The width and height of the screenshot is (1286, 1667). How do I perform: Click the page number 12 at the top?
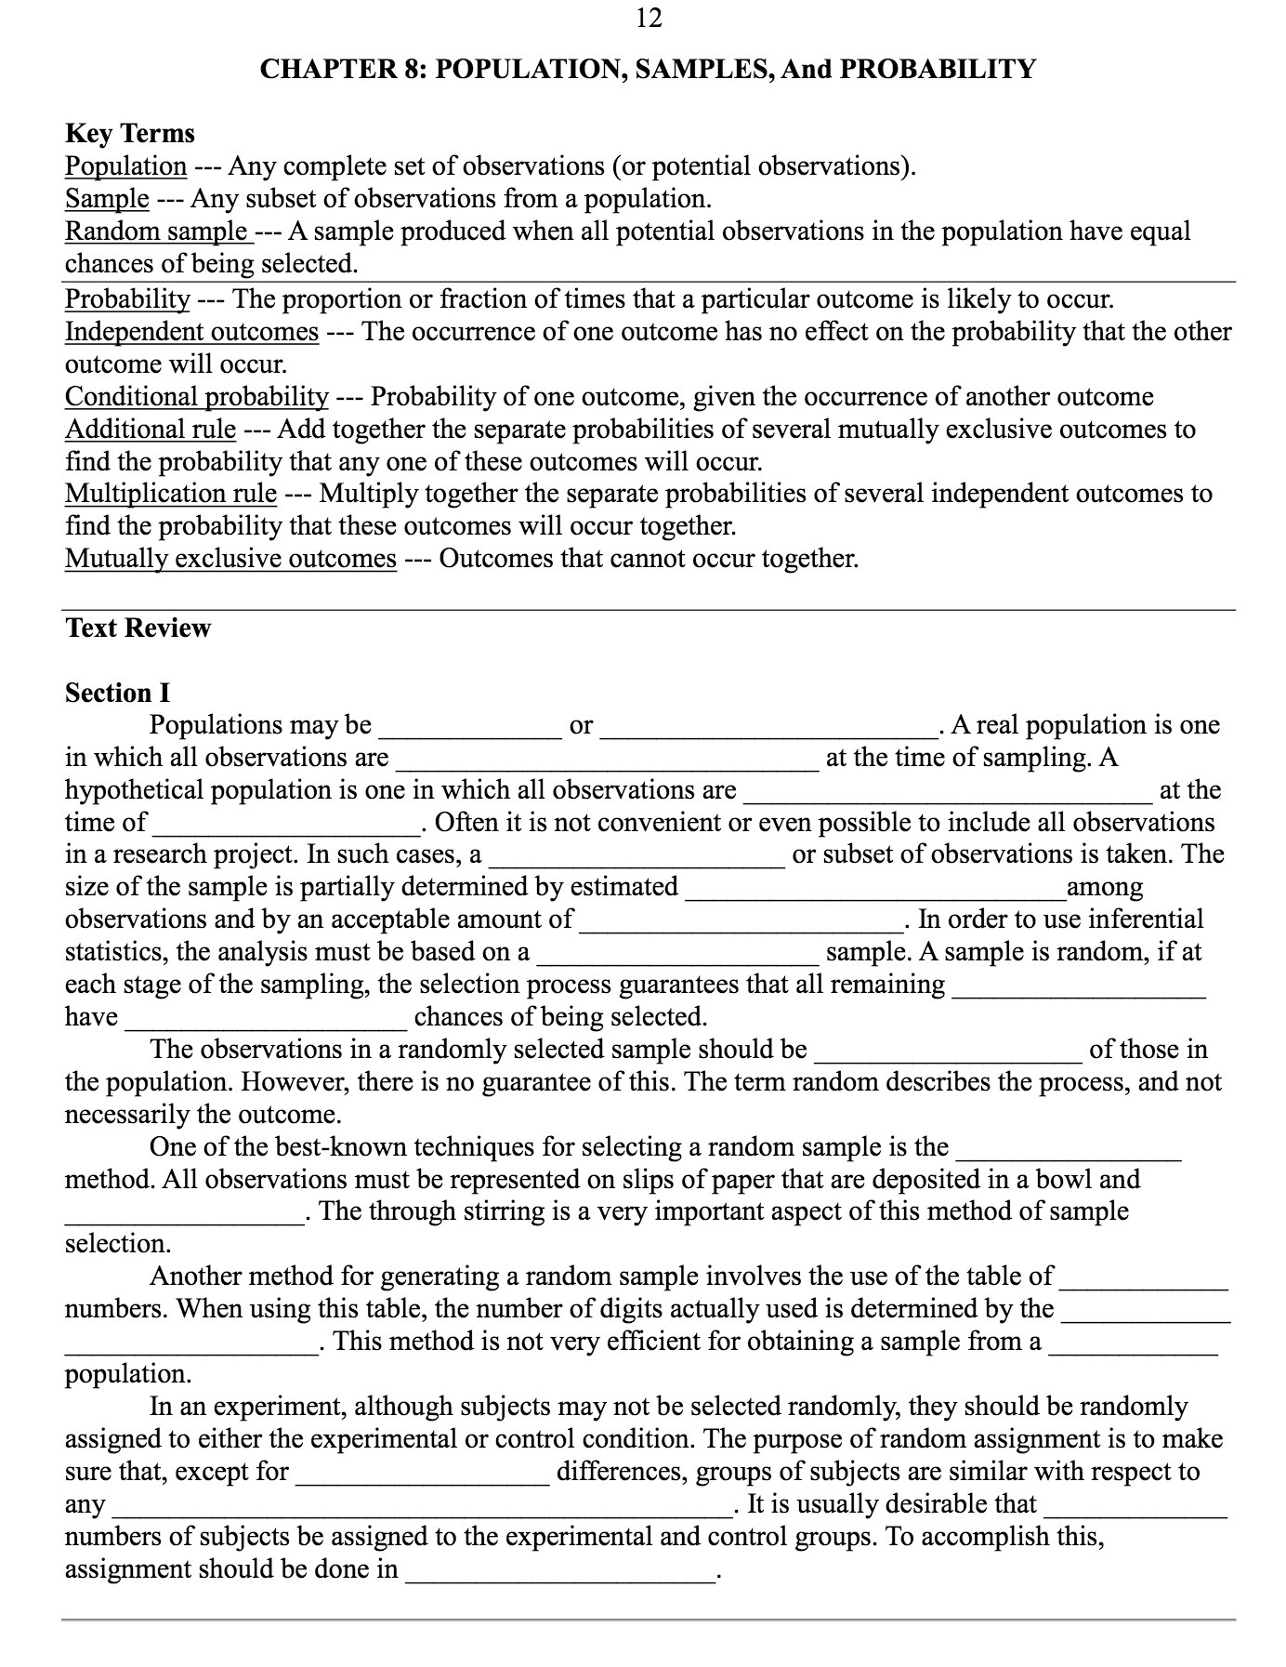[649, 18]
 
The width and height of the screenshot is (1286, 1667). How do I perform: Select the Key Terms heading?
[130, 134]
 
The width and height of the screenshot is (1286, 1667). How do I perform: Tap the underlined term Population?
[125, 166]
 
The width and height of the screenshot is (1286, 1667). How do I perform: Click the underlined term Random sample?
[155, 232]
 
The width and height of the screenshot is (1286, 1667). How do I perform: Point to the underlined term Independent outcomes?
[191, 332]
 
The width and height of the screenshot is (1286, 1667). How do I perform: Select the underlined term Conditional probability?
[196, 397]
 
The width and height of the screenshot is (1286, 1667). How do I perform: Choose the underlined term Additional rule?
[150, 430]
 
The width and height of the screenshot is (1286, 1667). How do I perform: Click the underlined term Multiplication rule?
[171, 494]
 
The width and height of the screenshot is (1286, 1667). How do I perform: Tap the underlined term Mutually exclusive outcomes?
[230, 559]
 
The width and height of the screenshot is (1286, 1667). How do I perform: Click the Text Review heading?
[138, 628]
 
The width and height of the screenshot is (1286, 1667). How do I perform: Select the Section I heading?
[117, 694]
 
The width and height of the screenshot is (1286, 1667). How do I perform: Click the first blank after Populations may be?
[469, 727]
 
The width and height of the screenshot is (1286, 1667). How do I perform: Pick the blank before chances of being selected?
[266, 1019]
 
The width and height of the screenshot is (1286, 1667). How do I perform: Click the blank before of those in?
[948, 1052]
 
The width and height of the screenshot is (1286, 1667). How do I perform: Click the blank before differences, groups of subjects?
[423, 1474]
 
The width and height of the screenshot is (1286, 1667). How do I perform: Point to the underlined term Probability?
[127, 299]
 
